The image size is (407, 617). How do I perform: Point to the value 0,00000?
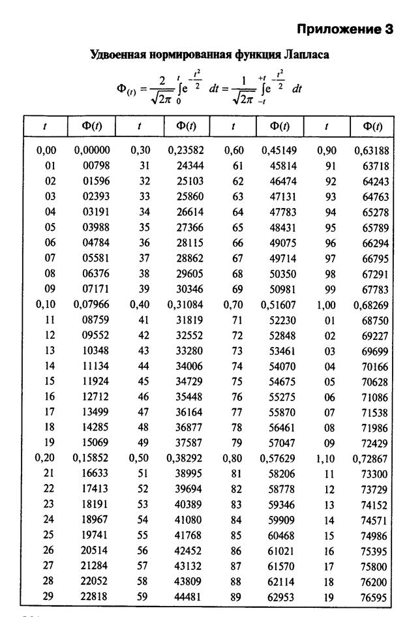pyautogui.click(x=91, y=151)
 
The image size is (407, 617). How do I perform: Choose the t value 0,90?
pyautogui.click(x=326, y=151)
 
